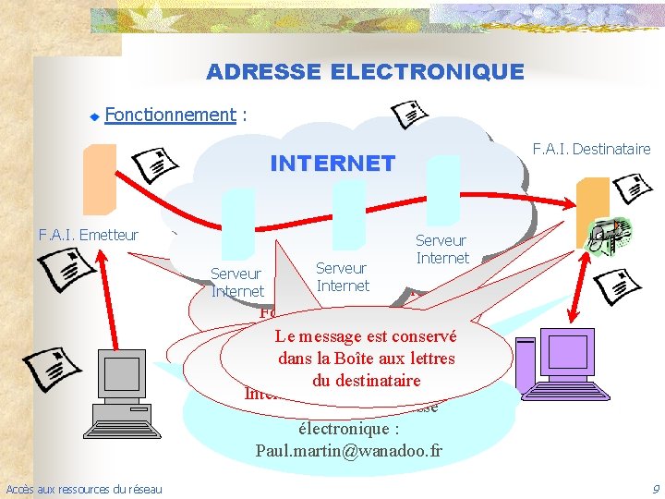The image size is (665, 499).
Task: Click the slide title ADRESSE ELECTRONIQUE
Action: pyautogui.click(x=365, y=71)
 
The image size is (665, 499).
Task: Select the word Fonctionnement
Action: pyautogui.click(x=170, y=115)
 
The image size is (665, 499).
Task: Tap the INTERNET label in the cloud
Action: pyautogui.click(x=332, y=164)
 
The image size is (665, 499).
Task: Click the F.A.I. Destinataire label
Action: pyautogui.click(x=591, y=149)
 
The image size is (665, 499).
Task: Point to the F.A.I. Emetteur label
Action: pyautogui.click(x=89, y=235)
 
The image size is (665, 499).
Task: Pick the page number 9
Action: pyautogui.click(x=655, y=489)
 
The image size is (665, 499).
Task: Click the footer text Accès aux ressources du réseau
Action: pyautogui.click(x=83, y=489)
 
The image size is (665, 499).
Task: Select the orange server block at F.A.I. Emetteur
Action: pyautogui.click(x=100, y=179)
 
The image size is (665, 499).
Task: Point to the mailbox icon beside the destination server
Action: pyautogui.click(x=610, y=235)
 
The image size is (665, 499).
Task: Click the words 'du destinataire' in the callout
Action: pyautogui.click(x=366, y=380)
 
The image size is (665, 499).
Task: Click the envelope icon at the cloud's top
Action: pyautogui.click(x=409, y=114)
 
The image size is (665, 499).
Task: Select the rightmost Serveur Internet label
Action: pyautogui.click(x=442, y=249)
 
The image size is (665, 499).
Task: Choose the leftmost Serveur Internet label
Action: pyautogui.click(x=237, y=282)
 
